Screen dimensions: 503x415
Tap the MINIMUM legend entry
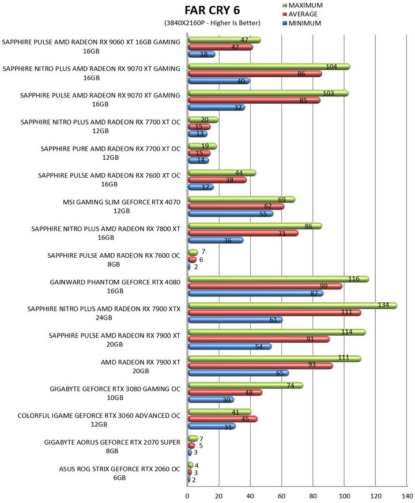click(299, 24)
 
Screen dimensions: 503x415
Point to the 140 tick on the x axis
click(407, 496)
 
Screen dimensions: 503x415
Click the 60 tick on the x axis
click(282, 496)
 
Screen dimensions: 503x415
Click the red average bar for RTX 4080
click(265, 286)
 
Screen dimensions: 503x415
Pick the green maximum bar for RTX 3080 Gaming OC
click(245, 385)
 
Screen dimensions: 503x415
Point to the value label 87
click(314, 294)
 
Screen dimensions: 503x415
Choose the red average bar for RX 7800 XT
click(243, 233)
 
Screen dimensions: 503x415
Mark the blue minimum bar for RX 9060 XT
click(201, 54)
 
